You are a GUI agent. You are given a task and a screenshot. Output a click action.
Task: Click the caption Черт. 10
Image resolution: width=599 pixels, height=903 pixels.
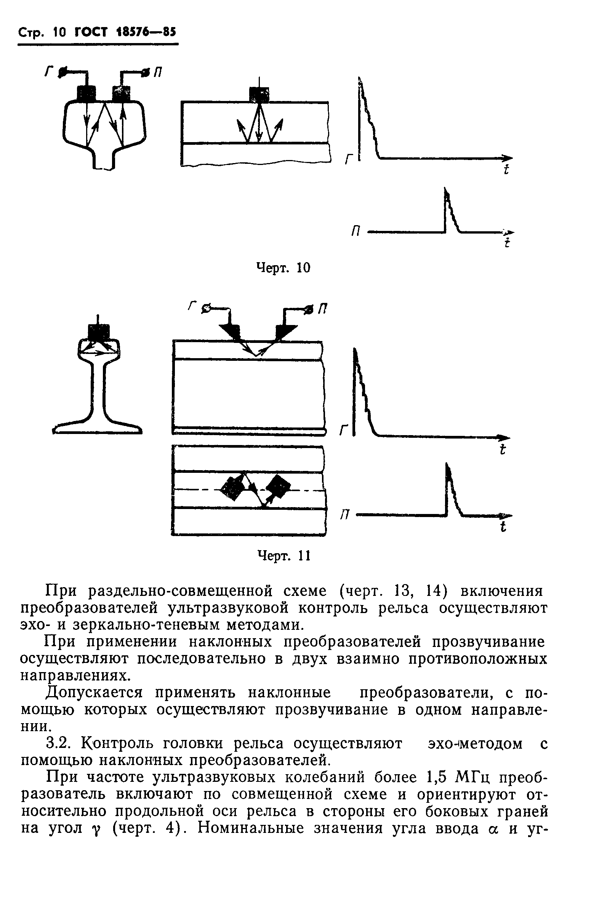pyautogui.click(x=283, y=268)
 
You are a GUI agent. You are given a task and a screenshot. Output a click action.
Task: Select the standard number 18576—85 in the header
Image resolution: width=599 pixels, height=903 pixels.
pyautogui.click(x=145, y=33)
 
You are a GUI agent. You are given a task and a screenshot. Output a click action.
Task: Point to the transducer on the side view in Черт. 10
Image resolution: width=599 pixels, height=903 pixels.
pyautogui.click(x=259, y=94)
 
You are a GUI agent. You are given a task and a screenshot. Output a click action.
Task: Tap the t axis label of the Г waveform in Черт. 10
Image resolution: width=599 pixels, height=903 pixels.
pyautogui.click(x=506, y=169)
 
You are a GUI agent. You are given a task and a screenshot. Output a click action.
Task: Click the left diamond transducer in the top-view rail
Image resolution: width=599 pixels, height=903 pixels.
pyautogui.click(x=232, y=488)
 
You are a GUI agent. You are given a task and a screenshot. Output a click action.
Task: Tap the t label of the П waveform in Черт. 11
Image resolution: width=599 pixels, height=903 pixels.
pyautogui.click(x=503, y=528)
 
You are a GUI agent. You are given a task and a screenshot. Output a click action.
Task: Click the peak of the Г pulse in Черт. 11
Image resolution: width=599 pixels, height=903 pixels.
pyautogui.click(x=355, y=351)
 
